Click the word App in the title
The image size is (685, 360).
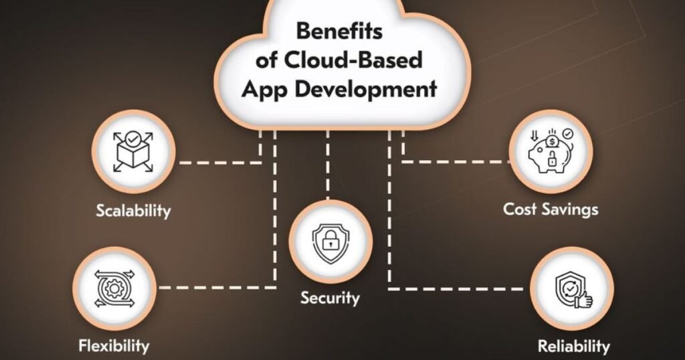265,88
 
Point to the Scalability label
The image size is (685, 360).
133,211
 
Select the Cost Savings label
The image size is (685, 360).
551,209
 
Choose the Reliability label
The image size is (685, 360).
574,346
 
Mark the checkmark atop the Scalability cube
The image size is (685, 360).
134,139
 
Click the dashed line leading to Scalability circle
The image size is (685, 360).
214,163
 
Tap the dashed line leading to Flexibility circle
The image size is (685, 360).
214,288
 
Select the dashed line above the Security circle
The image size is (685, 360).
327,167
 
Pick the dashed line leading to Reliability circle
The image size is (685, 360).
462,289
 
